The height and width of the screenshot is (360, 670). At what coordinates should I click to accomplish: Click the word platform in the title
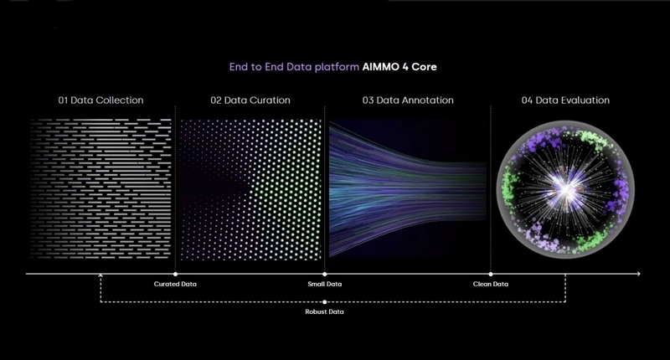pyautogui.click(x=337, y=67)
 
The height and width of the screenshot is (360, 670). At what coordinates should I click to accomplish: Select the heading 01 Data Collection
pyautogui.click(x=100, y=100)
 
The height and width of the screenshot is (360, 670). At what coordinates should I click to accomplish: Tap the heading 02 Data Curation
pyautogui.click(x=250, y=100)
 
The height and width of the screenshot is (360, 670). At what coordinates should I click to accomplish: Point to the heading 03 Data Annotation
pyautogui.click(x=408, y=100)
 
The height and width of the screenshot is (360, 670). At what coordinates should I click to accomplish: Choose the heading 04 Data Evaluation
pyautogui.click(x=566, y=100)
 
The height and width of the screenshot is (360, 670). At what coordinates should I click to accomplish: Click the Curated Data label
pyautogui.click(x=175, y=284)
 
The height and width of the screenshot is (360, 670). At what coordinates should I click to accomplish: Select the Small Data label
pyautogui.click(x=325, y=284)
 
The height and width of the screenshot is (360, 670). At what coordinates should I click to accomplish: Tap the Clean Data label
pyautogui.click(x=491, y=284)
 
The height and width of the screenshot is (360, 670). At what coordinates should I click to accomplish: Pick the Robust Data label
pyautogui.click(x=324, y=311)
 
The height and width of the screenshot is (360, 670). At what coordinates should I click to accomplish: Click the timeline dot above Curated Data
pyautogui.click(x=175, y=274)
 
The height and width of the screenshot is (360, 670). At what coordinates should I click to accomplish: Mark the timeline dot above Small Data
pyautogui.click(x=325, y=274)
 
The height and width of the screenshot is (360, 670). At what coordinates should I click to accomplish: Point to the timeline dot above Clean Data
pyautogui.click(x=491, y=274)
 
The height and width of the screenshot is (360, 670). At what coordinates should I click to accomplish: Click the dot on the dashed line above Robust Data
pyautogui.click(x=324, y=302)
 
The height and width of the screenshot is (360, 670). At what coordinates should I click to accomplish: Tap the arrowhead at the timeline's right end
pyautogui.click(x=639, y=274)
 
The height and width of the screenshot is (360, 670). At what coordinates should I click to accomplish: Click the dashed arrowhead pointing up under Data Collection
pyautogui.click(x=100, y=276)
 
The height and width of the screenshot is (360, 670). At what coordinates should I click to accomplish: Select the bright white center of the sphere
pyautogui.click(x=564, y=189)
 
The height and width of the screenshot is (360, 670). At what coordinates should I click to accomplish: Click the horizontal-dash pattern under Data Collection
pyautogui.click(x=100, y=188)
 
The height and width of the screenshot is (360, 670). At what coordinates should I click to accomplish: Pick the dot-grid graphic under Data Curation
pyautogui.click(x=250, y=189)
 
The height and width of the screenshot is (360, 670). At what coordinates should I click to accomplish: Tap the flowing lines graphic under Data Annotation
pyautogui.click(x=408, y=189)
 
